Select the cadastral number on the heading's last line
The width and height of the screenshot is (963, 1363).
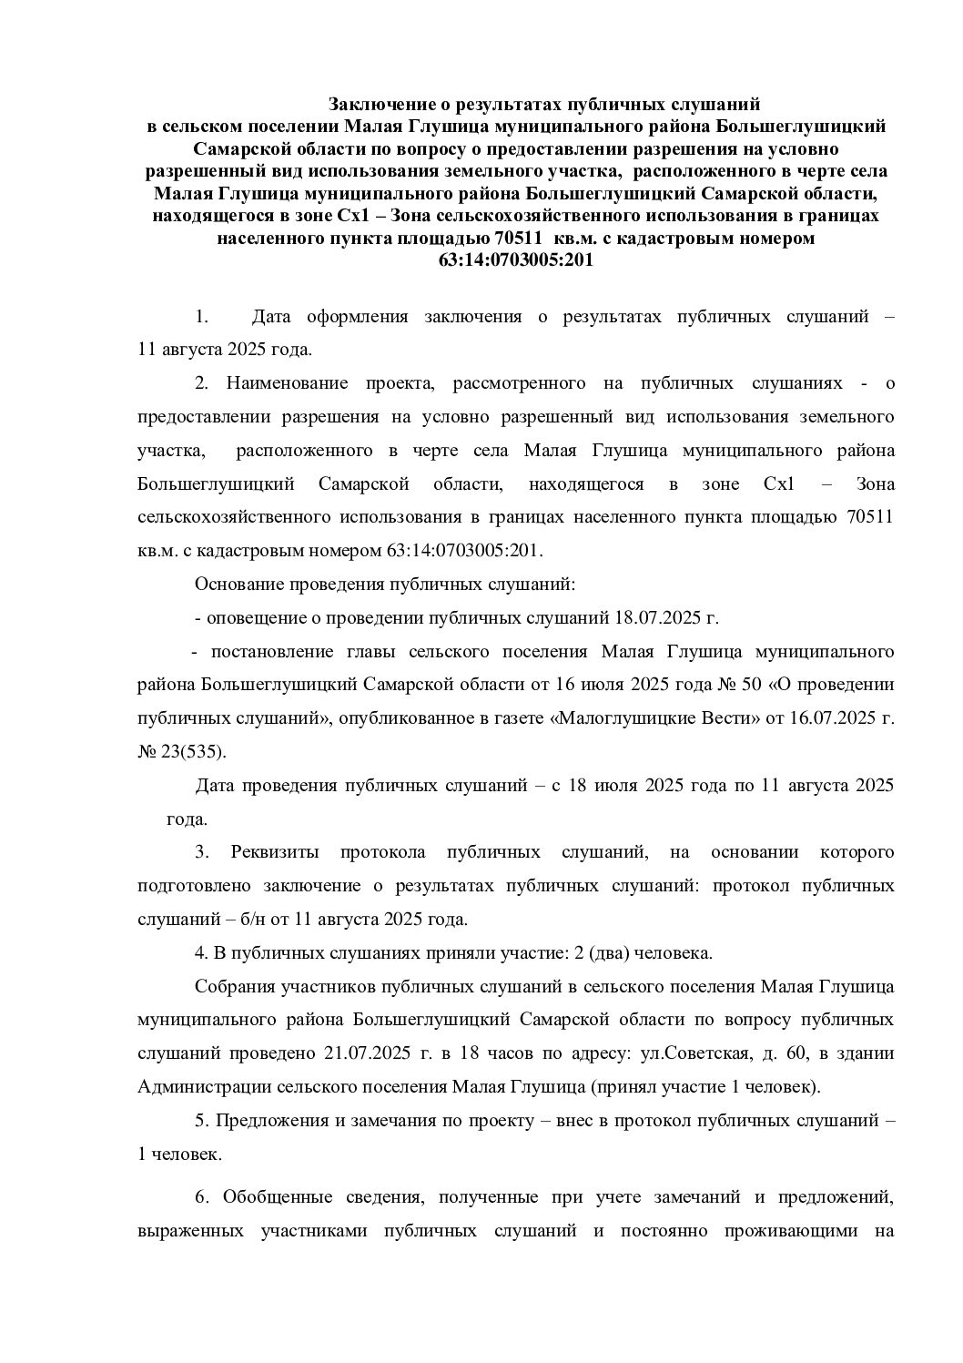[x=516, y=259]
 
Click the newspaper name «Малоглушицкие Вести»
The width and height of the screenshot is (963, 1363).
[x=655, y=718]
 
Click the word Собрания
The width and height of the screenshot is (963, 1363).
[x=233, y=987]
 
